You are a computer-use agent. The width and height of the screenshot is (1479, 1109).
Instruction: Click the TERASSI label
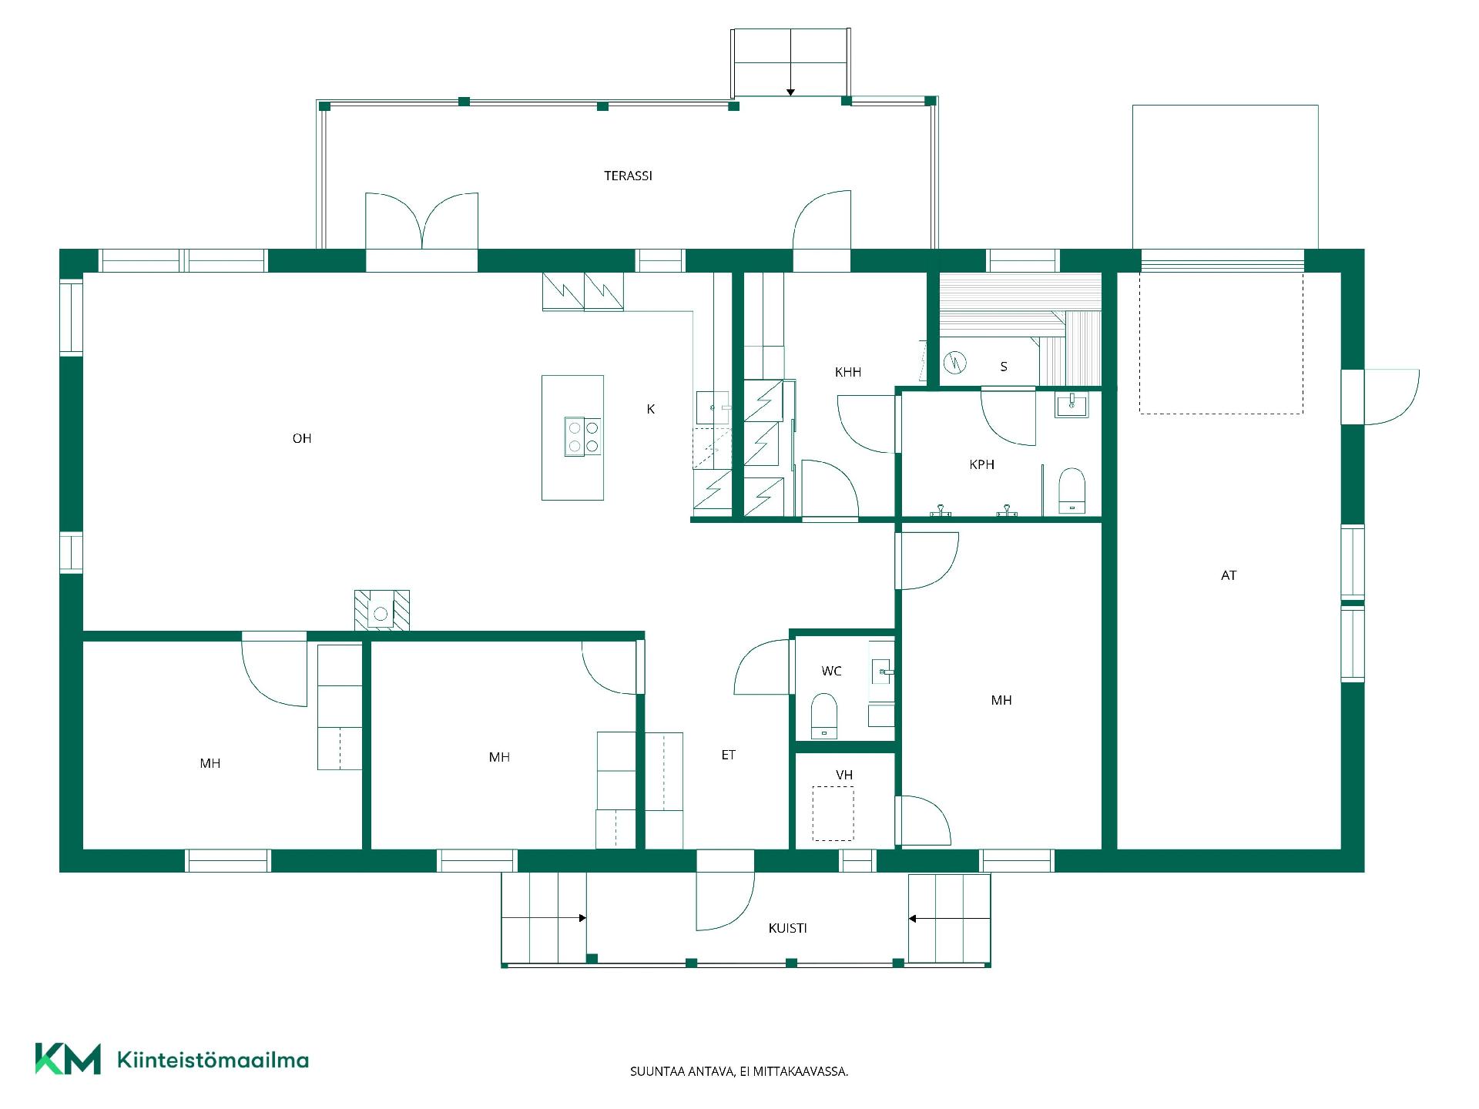[628, 176]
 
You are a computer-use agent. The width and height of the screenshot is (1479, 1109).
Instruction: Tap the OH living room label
[302, 438]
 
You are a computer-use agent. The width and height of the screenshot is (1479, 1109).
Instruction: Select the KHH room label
[848, 372]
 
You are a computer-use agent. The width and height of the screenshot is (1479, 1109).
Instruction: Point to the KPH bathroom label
[982, 464]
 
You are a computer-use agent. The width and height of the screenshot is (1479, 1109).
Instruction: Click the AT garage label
[1229, 575]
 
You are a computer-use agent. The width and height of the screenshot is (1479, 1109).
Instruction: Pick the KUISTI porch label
[788, 928]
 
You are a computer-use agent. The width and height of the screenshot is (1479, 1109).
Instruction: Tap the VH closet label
[844, 775]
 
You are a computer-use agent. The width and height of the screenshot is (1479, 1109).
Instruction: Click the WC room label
[831, 671]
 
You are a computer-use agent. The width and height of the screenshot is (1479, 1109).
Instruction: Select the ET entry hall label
[729, 755]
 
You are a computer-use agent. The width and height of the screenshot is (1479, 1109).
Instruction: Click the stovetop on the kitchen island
[582, 437]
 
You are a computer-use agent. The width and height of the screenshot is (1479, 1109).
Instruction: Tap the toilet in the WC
[824, 716]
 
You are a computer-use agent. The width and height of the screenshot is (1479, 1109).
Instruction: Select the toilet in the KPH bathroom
[1072, 491]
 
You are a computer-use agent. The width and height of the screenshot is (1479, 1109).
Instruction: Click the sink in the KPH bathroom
[1072, 405]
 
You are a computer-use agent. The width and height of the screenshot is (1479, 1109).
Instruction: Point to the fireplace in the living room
[381, 611]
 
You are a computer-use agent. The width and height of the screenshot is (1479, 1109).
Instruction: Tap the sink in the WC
[881, 672]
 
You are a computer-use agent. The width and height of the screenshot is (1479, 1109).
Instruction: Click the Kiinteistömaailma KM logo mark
[68, 1059]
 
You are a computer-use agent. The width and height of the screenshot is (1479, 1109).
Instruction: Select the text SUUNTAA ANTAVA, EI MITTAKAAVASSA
[739, 1071]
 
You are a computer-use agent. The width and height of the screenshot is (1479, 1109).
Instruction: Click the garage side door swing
[1391, 397]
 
